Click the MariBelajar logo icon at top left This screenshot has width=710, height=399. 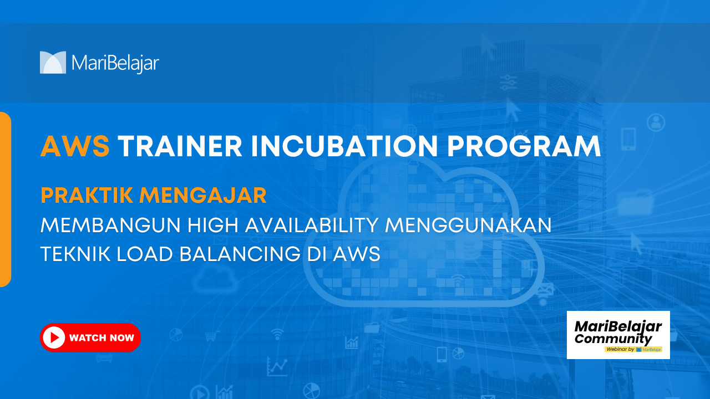click(53, 63)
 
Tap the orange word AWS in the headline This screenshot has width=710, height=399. click(75, 146)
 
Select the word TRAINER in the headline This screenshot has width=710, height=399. click(180, 146)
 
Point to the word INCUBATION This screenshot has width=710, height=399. click(345, 146)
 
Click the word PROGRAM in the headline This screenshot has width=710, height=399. click(524, 146)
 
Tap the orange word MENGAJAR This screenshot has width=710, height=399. click(203, 196)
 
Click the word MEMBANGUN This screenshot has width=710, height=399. click(110, 225)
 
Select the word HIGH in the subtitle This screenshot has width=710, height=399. click(212, 225)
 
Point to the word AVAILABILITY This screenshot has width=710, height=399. click(312, 225)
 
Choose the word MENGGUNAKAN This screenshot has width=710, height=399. click(468, 225)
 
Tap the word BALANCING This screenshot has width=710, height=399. click(240, 254)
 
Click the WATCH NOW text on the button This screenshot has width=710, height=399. click(102, 338)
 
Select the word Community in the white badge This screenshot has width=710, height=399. click(613, 339)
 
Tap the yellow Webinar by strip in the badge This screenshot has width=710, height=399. click(633, 349)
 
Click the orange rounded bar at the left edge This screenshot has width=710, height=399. click(6, 199)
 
